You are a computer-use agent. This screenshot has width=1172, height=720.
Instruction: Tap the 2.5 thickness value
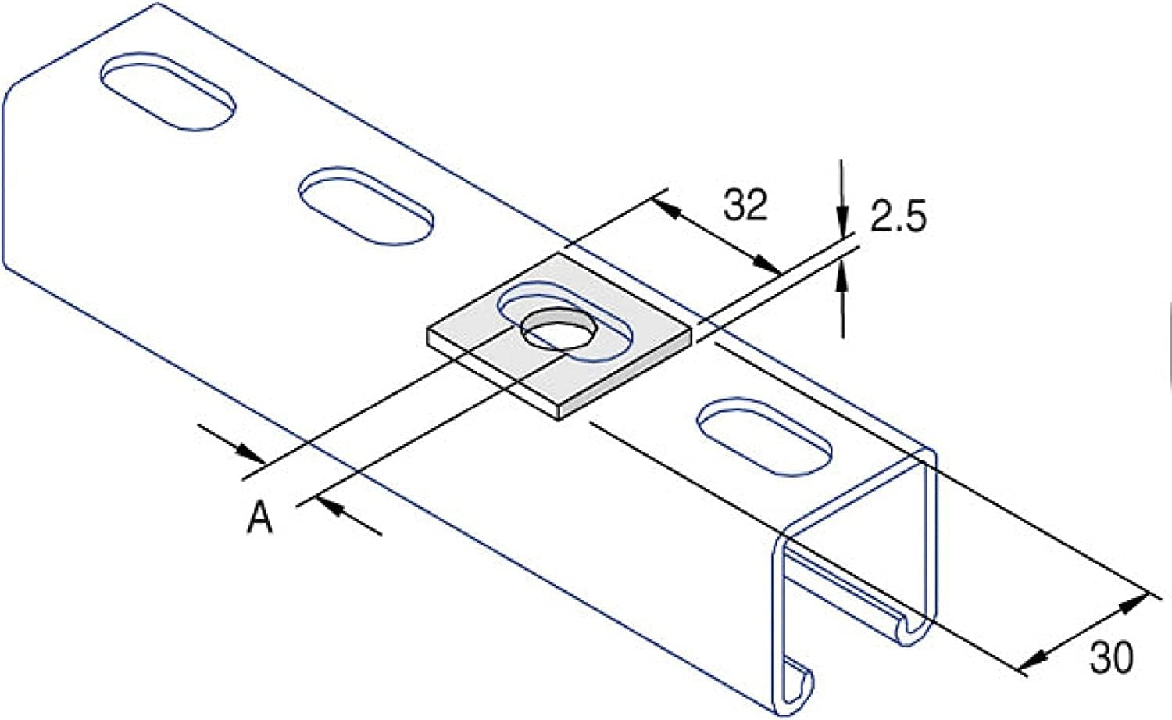(x=899, y=219)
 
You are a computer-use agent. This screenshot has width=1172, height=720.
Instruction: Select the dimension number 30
(x=1110, y=658)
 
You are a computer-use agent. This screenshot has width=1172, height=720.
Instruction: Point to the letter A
(x=260, y=518)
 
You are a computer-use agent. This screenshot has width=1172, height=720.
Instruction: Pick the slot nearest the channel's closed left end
(x=167, y=91)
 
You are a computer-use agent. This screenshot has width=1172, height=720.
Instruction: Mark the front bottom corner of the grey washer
(x=562, y=414)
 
